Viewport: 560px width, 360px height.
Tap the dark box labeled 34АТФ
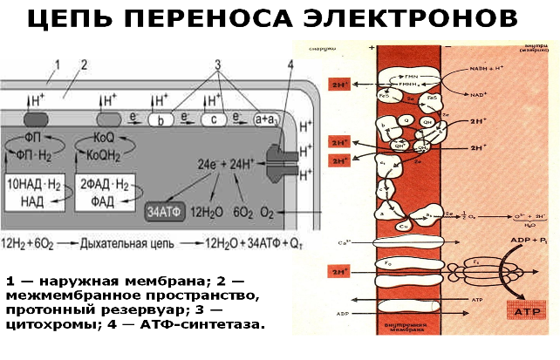tap(164, 213)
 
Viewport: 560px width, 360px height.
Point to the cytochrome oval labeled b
tap(161, 120)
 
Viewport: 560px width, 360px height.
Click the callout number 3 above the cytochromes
tap(218, 65)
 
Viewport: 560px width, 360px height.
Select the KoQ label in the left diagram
tap(104, 137)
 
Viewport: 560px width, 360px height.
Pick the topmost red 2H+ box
tap(339, 85)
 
